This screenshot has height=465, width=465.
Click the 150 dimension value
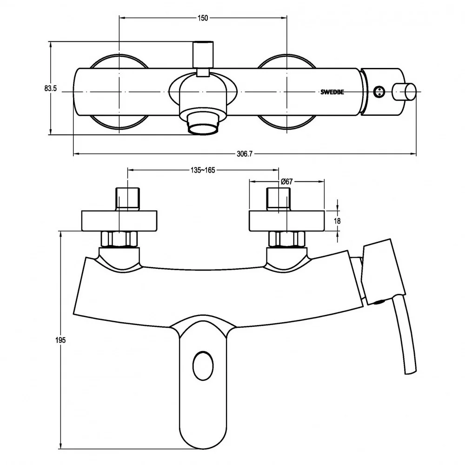click(x=203, y=18)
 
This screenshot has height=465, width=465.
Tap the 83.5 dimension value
click(x=50, y=88)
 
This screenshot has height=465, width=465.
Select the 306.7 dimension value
click(x=245, y=154)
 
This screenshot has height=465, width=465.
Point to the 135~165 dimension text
click(x=203, y=170)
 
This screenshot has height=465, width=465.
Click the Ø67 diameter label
click(x=286, y=181)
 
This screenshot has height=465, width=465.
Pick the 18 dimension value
click(x=337, y=221)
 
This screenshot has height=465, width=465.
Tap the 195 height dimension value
click(x=60, y=340)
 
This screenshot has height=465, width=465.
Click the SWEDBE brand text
click(x=332, y=92)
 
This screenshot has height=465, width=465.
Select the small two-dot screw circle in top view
click(x=379, y=92)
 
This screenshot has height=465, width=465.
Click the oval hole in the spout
click(x=203, y=366)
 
